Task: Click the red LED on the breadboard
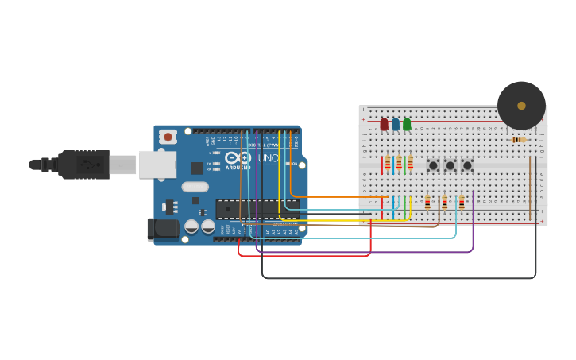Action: [x=384, y=124]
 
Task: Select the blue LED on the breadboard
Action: [x=396, y=124]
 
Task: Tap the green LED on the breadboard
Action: [x=407, y=124]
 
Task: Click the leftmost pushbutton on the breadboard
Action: [x=433, y=165]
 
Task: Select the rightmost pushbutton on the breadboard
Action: [x=467, y=165]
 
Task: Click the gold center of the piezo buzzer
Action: [x=521, y=106]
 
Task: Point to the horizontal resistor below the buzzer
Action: [x=518, y=140]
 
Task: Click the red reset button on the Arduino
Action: [x=168, y=137]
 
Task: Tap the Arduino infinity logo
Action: [x=239, y=158]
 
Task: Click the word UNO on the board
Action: [x=268, y=158]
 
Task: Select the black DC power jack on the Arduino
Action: [x=163, y=230]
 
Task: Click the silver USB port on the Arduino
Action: [x=157, y=165]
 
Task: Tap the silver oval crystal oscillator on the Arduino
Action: [x=195, y=188]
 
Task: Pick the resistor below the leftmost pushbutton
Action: [x=427, y=203]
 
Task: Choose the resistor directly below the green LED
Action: [x=410, y=164]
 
